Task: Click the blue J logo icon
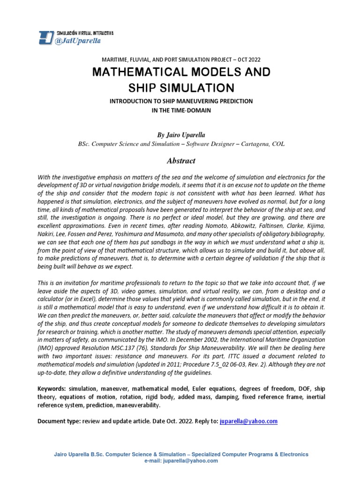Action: (46, 37)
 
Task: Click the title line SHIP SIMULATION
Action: (181, 88)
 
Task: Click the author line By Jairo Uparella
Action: (181, 135)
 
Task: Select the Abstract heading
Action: (181, 161)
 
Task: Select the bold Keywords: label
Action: (52, 390)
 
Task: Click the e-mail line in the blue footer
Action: (181, 461)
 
